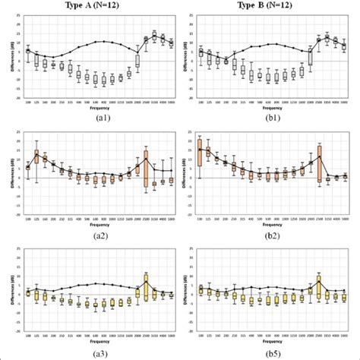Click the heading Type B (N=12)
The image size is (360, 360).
click(x=267, y=5)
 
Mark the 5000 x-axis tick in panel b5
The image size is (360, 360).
click(x=344, y=336)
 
